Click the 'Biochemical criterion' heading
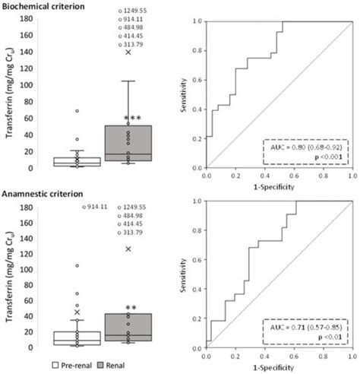pos(45,6)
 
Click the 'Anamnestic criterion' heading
pos(43,193)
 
